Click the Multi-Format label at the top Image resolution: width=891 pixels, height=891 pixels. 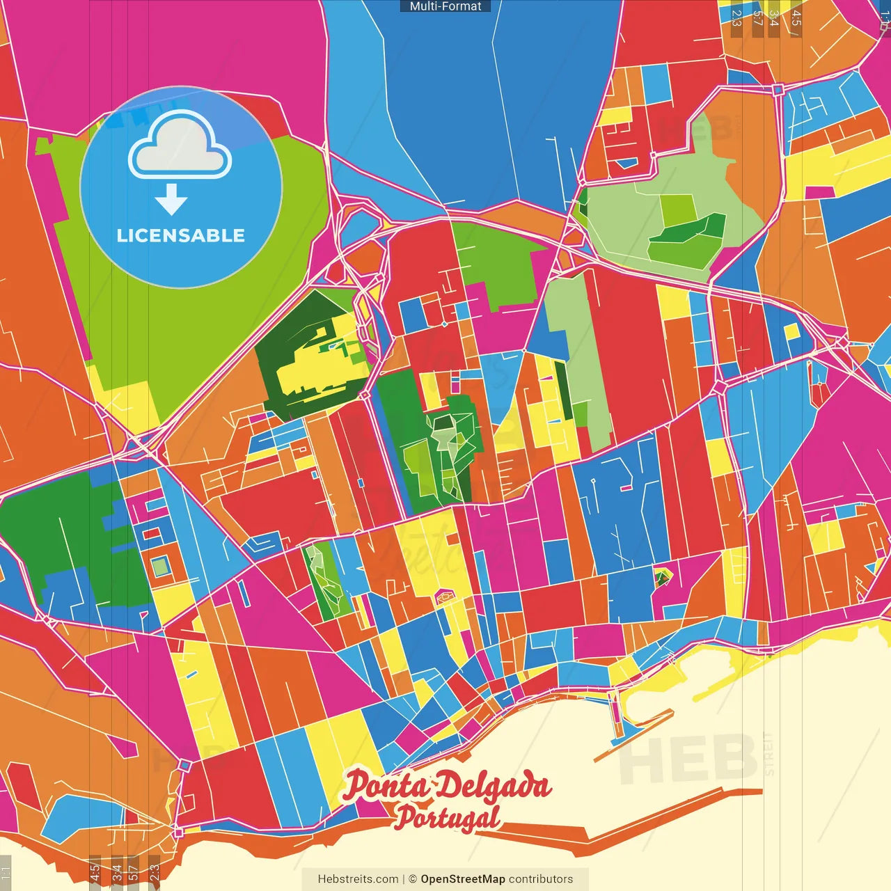[445, 6]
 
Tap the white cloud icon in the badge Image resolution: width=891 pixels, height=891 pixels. [180, 147]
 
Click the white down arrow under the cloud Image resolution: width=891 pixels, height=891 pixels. [171, 200]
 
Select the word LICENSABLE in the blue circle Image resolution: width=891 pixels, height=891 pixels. [181, 235]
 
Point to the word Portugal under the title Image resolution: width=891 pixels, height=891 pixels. [447, 817]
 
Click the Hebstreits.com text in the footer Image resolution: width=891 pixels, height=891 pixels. [358, 879]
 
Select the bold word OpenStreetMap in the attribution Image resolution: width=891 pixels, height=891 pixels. [463, 879]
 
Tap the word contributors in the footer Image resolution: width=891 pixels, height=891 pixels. [541, 879]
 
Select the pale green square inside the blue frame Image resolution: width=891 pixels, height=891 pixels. [161, 567]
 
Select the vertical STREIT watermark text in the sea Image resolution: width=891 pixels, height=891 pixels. [768, 753]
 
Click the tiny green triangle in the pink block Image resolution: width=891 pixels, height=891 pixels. [662, 576]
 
